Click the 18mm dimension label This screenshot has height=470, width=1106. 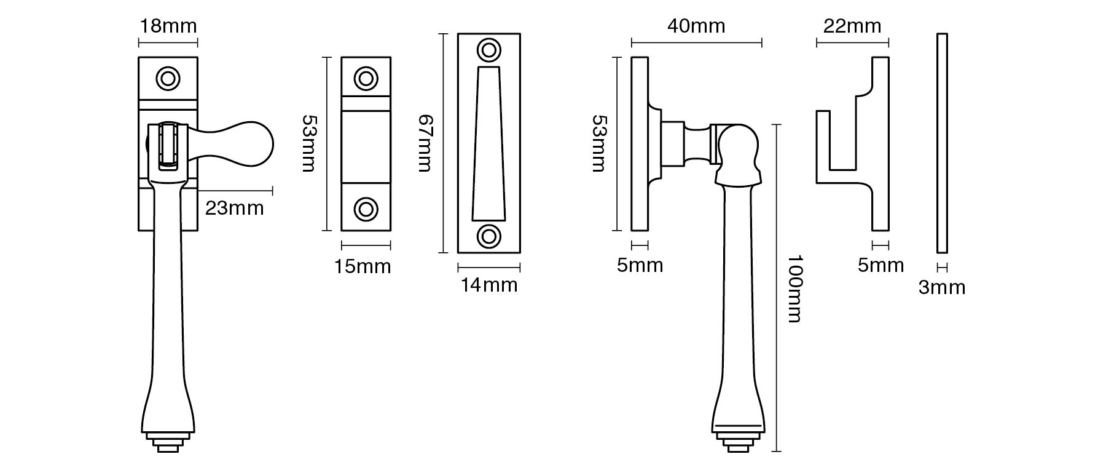pyautogui.click(x=168, y=26)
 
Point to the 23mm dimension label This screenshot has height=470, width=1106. pyautogui.click(x=234, y=209)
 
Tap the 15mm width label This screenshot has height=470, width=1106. pyautogui.click(x=363, y=266)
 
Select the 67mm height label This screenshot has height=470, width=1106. pyautogui.click(x=425, y=143)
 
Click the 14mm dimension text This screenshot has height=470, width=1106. pyautogui.click(x=489, y=285)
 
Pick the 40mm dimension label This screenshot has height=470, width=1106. pyautogui.click(x=696, y=26)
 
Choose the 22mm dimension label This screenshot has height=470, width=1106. pyautogui.click(x=852, y=26)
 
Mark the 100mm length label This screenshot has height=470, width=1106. pyautogui.click(x=793, y=289)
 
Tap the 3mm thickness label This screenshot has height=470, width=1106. pyautogui.click(x=942, y=287)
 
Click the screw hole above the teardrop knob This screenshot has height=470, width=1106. pyautogui.click(x=168, y=79)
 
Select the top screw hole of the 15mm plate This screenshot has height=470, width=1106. pyautogui.click(x=366, y=79)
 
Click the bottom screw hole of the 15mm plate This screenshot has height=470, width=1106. pyautogui.click(x=366, y=209)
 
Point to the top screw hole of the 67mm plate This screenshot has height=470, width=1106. pyautogui.click(x=489, y=49)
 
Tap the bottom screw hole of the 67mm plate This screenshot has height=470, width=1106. pyautogui.click(x=489, y=236)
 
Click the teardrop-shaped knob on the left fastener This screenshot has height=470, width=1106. pyautogui.click(x=240, y=143)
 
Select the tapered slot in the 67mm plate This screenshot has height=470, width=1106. pyautogui.click(x=489, y=145)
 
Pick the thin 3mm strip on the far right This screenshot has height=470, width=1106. pyautogui.click(x=942, y=143)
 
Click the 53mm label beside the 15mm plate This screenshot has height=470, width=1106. pyautogui.click(x=309, y=143)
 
